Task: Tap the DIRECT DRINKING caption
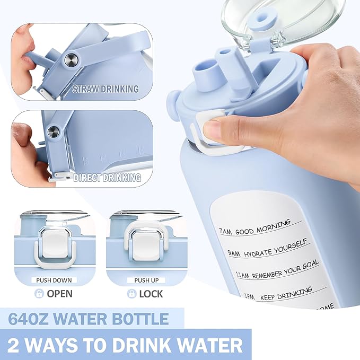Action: (108, 178)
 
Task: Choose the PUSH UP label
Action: (145, 280)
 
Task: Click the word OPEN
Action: (59, 293)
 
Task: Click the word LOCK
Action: (152, 293)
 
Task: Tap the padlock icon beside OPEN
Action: (39, 293)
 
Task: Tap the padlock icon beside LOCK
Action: (131, 293)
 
